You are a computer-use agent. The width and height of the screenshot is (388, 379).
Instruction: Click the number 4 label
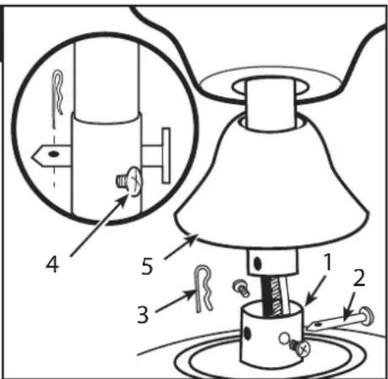(x=52, y=266)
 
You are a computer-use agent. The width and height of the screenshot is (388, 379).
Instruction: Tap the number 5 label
(x=147, y=266)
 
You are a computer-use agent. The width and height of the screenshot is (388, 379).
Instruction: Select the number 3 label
(x=143, y=315)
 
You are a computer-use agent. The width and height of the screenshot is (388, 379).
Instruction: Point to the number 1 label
(x=327, y=262)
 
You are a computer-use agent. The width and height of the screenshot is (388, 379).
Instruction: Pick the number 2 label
(x=359, y=278)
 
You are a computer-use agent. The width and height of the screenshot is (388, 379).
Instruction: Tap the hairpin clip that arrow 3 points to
(x=204, y=288)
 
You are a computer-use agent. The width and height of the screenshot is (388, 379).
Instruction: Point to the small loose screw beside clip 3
(x=241, y=288)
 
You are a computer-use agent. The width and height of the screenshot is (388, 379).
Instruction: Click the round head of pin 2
(x=368, y=315)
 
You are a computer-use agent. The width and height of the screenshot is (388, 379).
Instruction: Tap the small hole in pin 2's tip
(x=319, y=325)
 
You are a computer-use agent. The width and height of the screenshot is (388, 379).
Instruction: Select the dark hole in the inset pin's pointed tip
(x=52, y=154)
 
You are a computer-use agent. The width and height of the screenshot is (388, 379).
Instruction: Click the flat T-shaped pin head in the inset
(x=166, y=156)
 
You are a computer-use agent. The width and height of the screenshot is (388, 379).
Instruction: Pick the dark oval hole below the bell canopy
(x=257, y=263)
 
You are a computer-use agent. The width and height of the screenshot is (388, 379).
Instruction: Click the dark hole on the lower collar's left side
(x=248, y=333)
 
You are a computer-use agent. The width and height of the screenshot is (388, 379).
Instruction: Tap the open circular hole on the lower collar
(x=284, y=338)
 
